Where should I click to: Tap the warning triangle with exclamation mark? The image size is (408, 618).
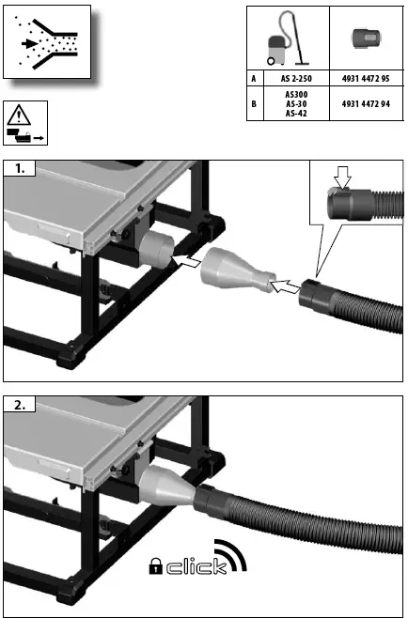(x=18, y=117)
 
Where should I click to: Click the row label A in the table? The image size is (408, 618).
(x=253, y=79)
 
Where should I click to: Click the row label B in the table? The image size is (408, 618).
(x=253, y=104)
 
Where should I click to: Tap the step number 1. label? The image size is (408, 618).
(x=20, y=170)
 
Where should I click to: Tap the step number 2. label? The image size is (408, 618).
(x=20, y=406)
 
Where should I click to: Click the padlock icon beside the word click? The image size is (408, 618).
(x=156, y=565)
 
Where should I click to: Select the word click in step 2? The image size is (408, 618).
(x=195, y=565)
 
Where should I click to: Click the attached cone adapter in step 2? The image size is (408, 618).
(x=168, y=488)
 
